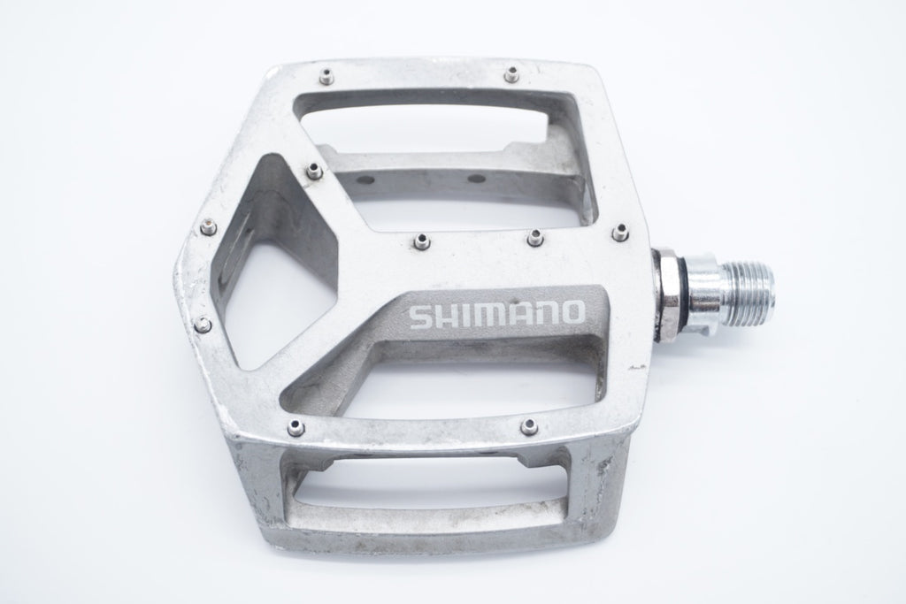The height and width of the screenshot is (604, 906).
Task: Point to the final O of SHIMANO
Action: (x=572, y=312)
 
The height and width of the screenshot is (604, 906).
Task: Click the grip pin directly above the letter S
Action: (x=422, y=240)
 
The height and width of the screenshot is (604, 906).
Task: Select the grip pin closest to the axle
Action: (x=621, y=232)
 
